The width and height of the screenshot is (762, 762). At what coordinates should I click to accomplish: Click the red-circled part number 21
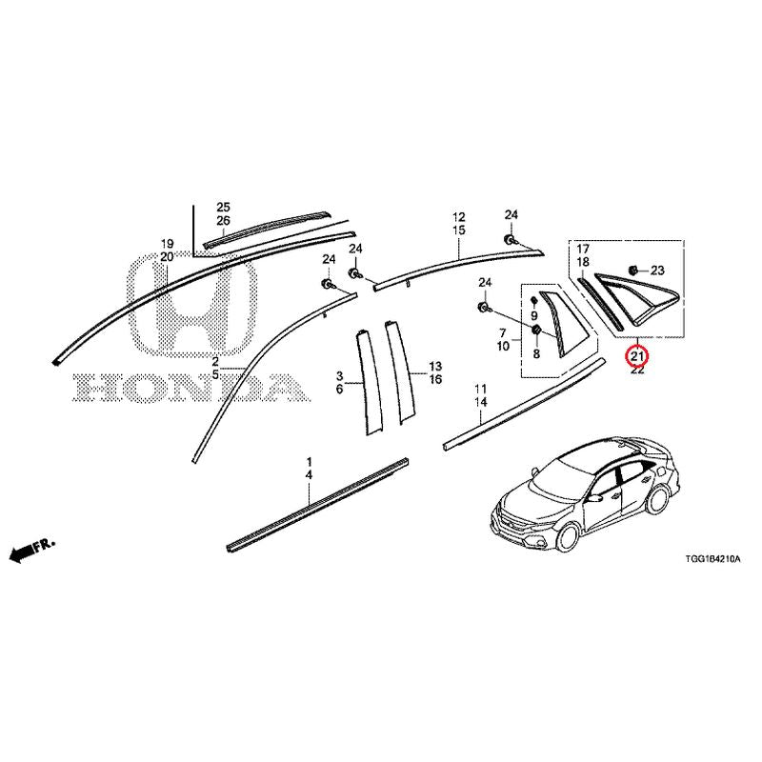(x=637, y=357)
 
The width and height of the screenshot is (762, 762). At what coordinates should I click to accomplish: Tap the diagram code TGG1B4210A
(x=712, y=559)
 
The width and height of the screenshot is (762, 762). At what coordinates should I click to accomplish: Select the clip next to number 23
(x=632, y=270)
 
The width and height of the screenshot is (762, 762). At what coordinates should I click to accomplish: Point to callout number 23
(x=657, y=271)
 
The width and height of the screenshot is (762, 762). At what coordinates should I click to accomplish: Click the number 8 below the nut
(x=536, y=353)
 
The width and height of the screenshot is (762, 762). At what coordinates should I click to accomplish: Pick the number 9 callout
(x=534, y=316)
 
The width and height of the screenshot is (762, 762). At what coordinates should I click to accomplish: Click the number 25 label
(x=224, y=208)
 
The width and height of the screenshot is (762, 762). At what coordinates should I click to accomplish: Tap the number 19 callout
(x=168, y=244)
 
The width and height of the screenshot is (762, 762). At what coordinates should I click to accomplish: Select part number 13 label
(x=435, y=366)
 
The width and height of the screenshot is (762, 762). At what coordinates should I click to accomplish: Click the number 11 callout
(x=481, y=389)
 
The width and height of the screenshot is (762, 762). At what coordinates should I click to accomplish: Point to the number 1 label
(x=309, y=461)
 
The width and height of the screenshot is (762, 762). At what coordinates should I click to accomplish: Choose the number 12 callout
(x=459, y=217)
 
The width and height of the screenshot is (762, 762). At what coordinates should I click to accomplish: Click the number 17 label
(x=583, y=250)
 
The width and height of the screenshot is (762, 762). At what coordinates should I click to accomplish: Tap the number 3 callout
(x=340, y=375)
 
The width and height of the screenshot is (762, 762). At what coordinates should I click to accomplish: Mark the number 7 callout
(x=503, y=332)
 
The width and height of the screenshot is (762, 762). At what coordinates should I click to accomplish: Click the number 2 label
(x=215, y=362)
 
